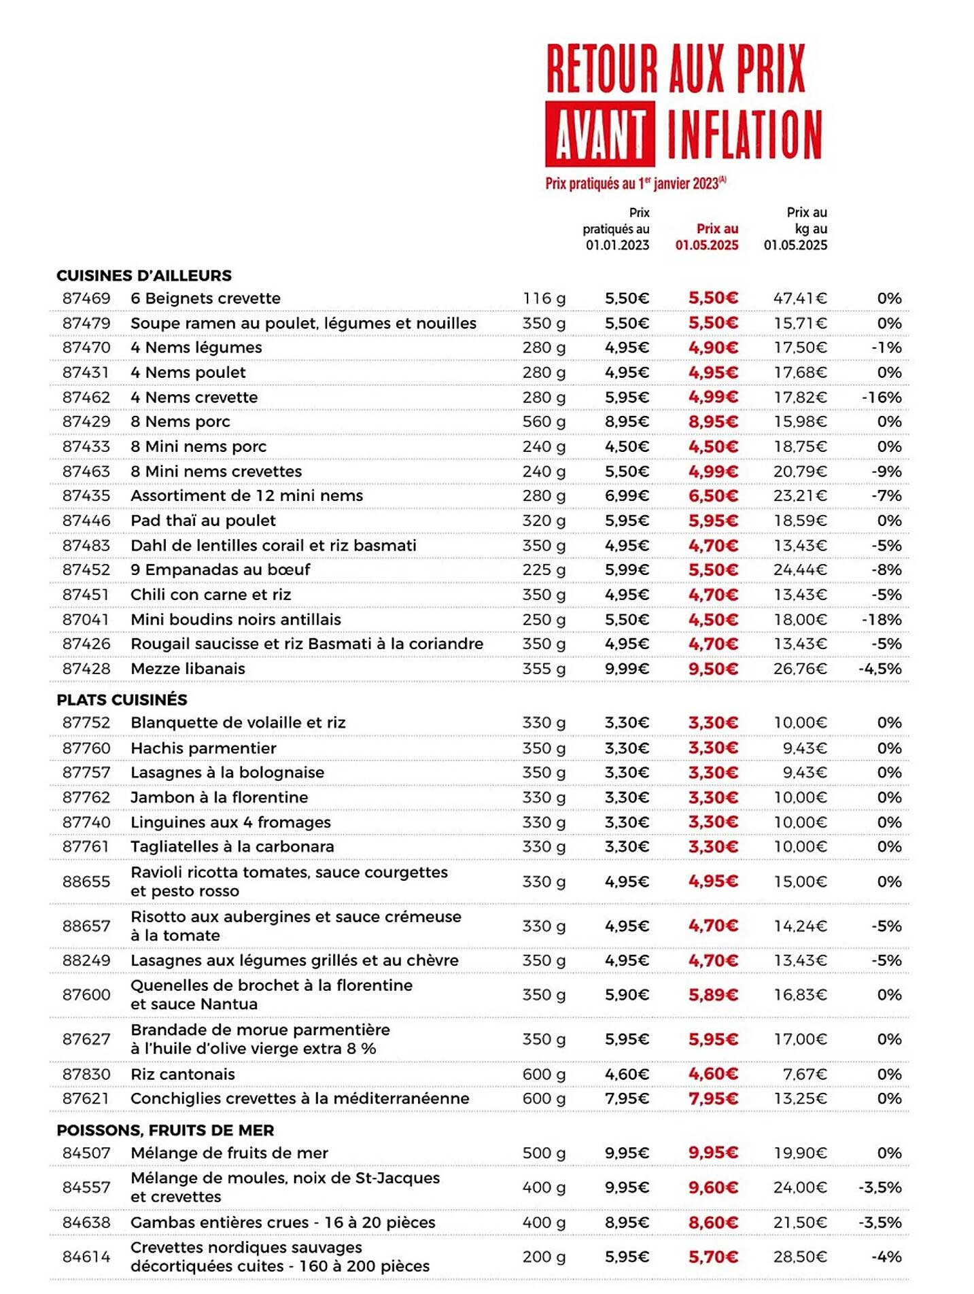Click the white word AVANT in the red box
599,134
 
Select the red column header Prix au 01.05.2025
706,237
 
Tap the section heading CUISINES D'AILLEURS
144,275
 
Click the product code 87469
86,298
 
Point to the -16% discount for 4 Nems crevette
881,398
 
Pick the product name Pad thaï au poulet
203,521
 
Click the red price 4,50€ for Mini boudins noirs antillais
713,620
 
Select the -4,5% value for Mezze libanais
880,669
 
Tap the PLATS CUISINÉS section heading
122,699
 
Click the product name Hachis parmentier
203,748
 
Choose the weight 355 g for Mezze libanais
544,669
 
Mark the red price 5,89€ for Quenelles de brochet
713,995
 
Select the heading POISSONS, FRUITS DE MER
165,1130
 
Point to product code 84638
86,1223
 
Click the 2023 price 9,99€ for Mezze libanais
627,669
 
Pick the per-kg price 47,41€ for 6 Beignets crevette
800,298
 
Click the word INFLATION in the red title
744,134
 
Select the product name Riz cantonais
183,1074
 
